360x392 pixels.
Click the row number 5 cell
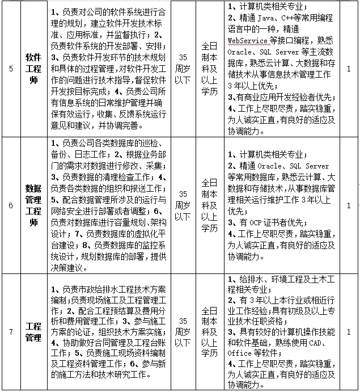11,69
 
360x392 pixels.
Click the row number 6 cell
11,205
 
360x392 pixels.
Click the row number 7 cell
11,332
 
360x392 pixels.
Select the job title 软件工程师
33,69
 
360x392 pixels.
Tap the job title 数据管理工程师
33,205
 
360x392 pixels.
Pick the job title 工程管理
33,332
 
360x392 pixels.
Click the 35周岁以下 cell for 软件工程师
182,69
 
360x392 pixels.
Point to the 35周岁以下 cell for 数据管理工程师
182,205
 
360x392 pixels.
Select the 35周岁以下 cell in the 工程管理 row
182,332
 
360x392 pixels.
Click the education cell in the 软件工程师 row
209,69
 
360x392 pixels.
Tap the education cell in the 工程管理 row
209,332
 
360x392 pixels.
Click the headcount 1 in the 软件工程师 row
348,69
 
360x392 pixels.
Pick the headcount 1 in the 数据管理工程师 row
348,205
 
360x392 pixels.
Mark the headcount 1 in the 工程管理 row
348,332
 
